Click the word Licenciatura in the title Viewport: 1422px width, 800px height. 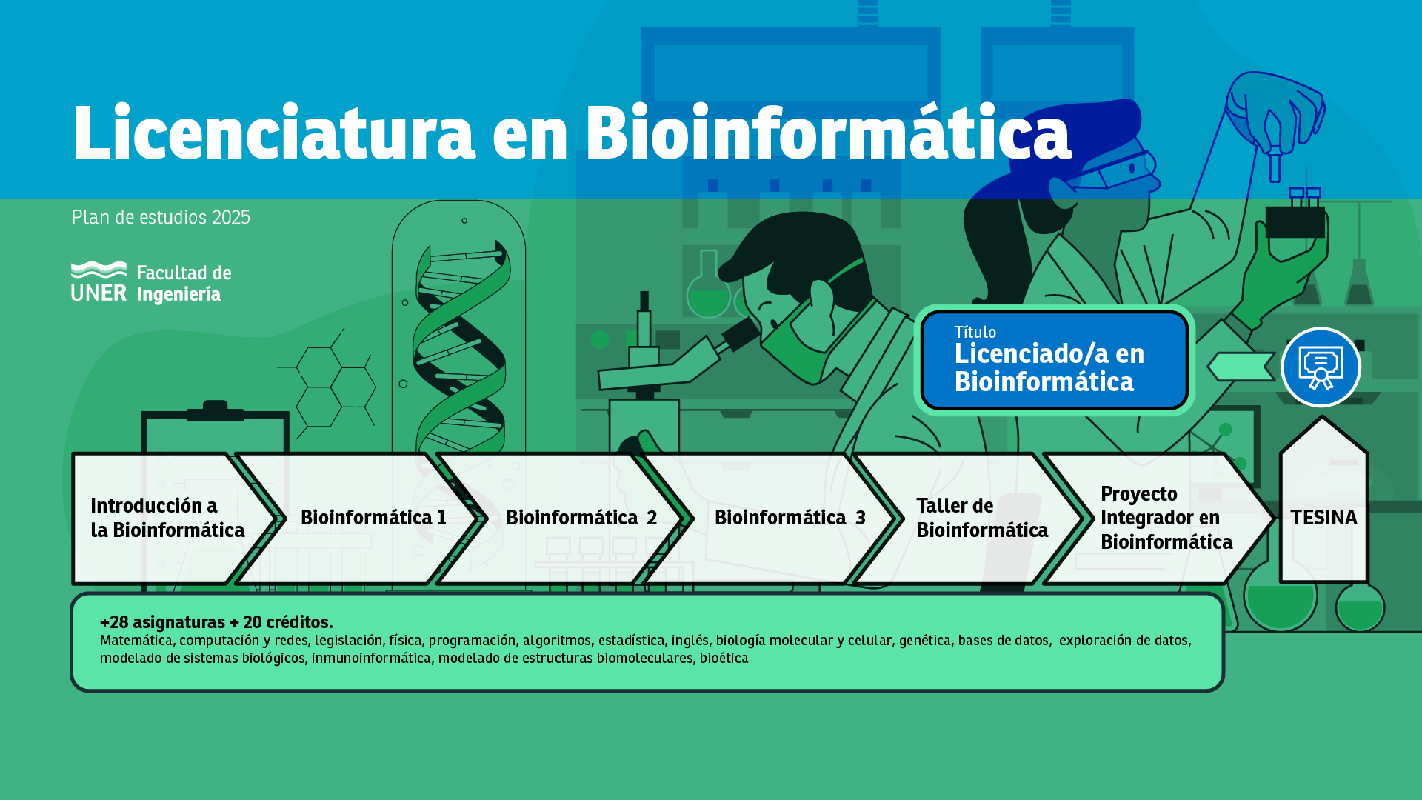click(x=273, y=133)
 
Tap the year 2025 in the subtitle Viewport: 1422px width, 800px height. click(x=231, y=217)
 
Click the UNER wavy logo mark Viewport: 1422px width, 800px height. click(x=99, y=270)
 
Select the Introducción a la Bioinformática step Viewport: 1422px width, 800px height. click(x=167, y=518)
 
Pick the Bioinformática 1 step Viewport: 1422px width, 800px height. click(x=373, y=518)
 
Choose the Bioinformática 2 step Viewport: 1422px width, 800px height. click(x=581, y=518)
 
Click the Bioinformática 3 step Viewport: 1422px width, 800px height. click(x=790, y=518)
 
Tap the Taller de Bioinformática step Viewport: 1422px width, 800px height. click(x=982, y=518)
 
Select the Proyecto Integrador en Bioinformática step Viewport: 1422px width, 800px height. click(x=1166, y=518)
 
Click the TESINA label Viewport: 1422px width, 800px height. click(x=1323, y=518)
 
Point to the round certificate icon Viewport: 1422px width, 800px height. click(x=1321, y=367)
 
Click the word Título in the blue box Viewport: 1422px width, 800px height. click(x=975, y=332)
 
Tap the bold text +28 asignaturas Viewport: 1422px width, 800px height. click(x=162, y=622)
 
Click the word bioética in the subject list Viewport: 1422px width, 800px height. click(x=724, y=659)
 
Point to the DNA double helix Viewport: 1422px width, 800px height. click(x=460, y=348)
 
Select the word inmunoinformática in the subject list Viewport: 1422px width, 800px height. click(x=371, y=659)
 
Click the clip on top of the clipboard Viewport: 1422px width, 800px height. click(x=215, y=411)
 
